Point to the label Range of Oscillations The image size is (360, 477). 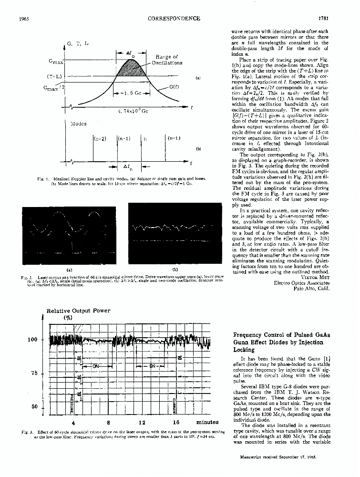click(x=166, y=60)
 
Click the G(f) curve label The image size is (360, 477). click(x=175, y=88)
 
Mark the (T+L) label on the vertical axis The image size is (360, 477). click(x=55, y=76)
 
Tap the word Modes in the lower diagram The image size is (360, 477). click(x=78, y=124)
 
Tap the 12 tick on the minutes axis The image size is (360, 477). click(x=142, y=422)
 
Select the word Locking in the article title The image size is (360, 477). click(x=244, y=350)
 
